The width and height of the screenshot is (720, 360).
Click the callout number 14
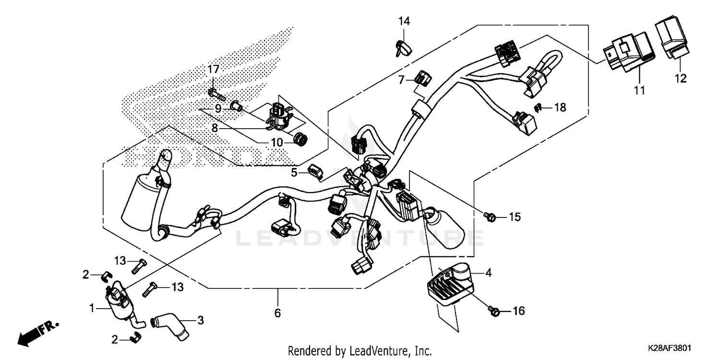point(404,21)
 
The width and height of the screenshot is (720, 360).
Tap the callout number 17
point(213,70)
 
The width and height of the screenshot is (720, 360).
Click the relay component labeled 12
point(671,38)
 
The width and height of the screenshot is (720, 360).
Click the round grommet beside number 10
point(300,139)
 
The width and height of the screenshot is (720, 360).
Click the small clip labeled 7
point(423,77)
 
